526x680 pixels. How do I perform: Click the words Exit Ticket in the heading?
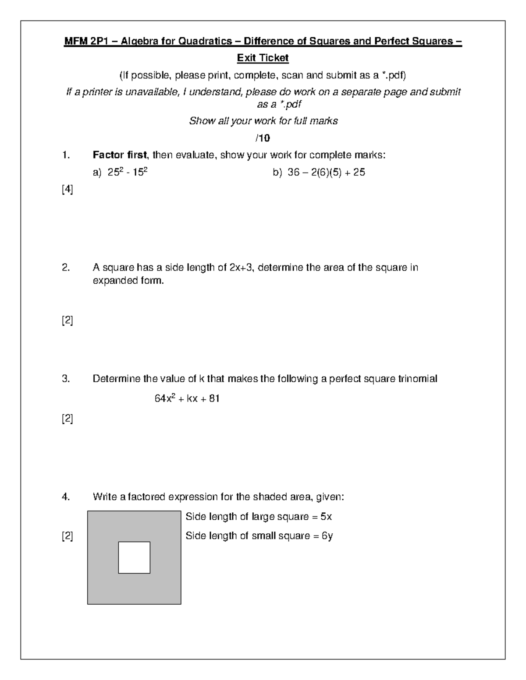[x=263, y=58]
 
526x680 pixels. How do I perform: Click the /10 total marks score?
[x=263, y=138]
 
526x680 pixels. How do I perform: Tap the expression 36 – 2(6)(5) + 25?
[x=326, y=173]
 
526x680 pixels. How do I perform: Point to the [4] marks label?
[x=67, y=190]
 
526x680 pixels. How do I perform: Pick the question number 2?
[x=66, y=268]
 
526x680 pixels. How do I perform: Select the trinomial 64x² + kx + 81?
[x=187, y=398]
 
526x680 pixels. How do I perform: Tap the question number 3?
[x=66, y=379]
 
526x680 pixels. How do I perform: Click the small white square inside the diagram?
[x=134, y=557]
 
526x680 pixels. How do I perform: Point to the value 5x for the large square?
[x=326, y=517]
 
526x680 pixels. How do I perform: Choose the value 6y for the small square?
[x=327, y=536]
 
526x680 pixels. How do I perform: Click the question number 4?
[x=66, y=497]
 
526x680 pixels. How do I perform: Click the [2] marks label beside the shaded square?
[x=67, y=536]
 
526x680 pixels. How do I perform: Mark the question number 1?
[x=66, y=155]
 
